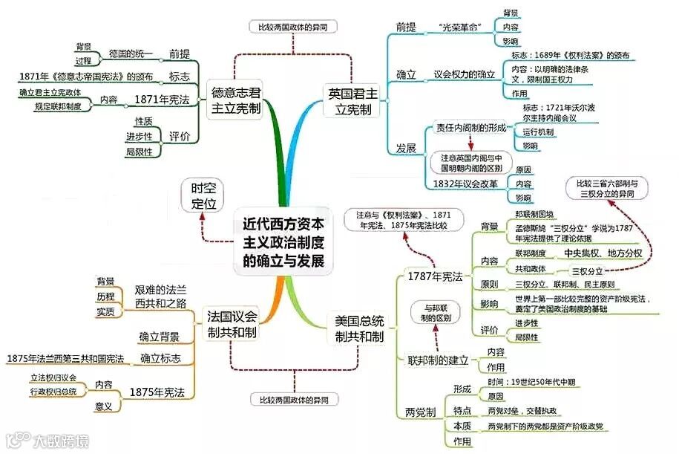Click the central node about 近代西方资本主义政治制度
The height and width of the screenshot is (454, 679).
pyautogui.click(x=284, y=241)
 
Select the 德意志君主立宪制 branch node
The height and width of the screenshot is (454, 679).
pyautogui.click(x=236, y=100)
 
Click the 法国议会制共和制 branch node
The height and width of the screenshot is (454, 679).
pyautogui.click(x=232, y=325)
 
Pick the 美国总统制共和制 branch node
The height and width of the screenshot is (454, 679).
pyautogui.click(x=359, y=328)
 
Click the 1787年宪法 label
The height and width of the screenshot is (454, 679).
pyautogui.click(x=435, y=276)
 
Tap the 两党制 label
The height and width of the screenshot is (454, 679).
pyautogui.click(x=421, y=412)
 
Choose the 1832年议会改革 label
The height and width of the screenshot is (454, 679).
pyautogui.click(x=465, y=184)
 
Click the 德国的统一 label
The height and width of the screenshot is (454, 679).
pyautogui.click(x=131, y=53)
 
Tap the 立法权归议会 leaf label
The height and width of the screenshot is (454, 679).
pyautogui.click(x=53, y=378)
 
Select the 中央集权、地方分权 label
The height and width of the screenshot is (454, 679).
pyautogui.click(x=603, y=253)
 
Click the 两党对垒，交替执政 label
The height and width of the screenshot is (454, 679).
pyautogui.click(x=523, y=411)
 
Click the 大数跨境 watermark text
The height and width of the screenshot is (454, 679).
pyautogui.click(x=59, y=441)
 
